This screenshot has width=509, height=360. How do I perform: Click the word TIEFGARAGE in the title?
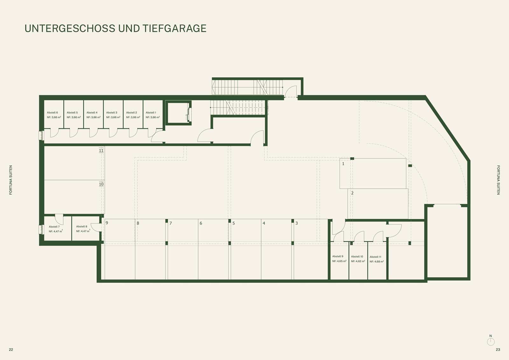[x=175, y=28]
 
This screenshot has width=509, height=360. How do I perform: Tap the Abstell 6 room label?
[x=52, y=113]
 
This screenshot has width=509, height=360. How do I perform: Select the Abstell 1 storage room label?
[x=151, y=113]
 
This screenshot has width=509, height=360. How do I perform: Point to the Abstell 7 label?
[x=54, y=227]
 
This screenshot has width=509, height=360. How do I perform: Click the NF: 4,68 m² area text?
[x=377, y=262]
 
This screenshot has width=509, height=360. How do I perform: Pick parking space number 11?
[x=101, y=151]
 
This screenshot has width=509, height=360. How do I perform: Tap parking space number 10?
[x=101, y=184]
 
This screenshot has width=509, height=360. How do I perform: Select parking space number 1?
[x=343, y=164]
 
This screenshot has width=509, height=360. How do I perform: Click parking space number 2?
[x=352, y=193]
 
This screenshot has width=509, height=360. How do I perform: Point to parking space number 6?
[x=201, y=223]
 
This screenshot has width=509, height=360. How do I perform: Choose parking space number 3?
[x=296, y=223]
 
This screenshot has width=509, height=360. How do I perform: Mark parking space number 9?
[x=107, y=223]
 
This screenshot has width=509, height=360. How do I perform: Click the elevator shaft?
[x=178, y=113]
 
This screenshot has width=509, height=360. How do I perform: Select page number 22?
[x=11, y=349]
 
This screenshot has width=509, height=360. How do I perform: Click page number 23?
[x=498, y=349]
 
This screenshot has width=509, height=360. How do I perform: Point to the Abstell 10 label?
[x=357, y=257]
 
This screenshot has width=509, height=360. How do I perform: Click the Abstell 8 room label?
[x=81, y=227]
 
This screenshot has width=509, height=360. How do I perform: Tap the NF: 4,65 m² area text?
[x=339, y=261]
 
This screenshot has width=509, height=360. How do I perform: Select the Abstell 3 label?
[x=112, y=113]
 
